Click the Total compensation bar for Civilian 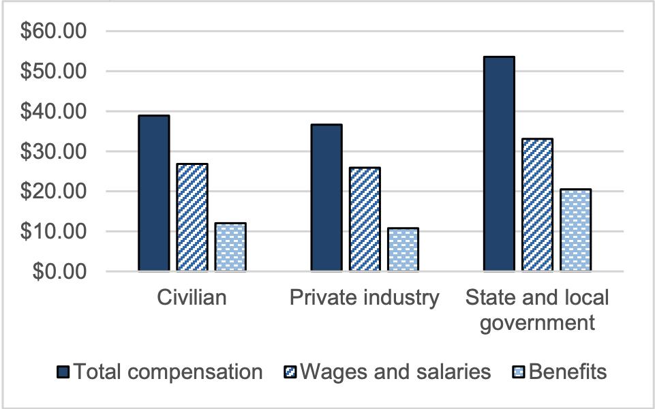click(153, 194)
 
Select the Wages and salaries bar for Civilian click(192, 217)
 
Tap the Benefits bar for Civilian click(230, 247)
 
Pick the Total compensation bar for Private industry click(326, 198)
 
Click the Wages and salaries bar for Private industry click(365, 219)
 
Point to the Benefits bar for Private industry click(403, 249)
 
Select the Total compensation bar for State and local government click(498, 164)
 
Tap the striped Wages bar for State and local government click(537, 204)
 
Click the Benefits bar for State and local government click(575, 230)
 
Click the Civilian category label click(192, 298)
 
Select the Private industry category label click(365, 298)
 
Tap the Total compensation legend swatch click(63, 372)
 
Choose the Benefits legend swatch click(519, 372)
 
